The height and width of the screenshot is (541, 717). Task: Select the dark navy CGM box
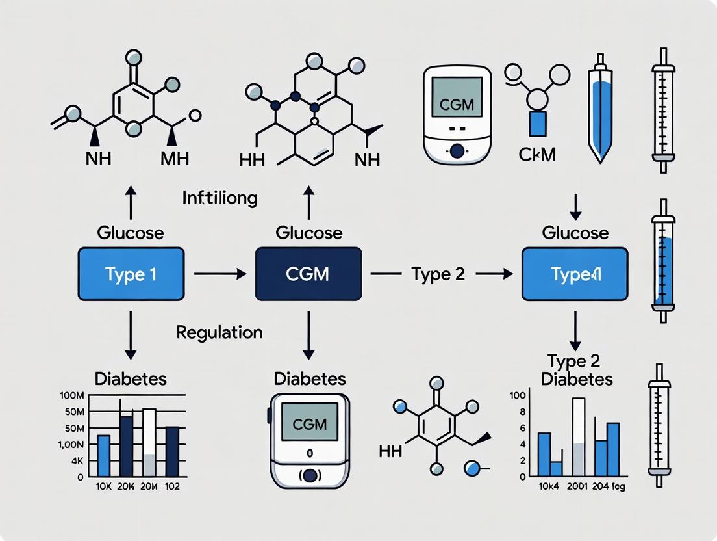tap(308, 274)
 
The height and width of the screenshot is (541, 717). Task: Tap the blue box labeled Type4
tap(575, 274)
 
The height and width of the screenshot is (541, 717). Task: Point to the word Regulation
tap(220, 332)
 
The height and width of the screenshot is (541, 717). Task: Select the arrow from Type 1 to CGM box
tap(220, 274)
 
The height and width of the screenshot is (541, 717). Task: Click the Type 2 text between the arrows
tap(438, 274)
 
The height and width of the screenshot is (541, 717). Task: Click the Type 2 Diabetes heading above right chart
tap(579, 371)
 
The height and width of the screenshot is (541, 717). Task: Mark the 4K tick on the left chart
tap(77, 460)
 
